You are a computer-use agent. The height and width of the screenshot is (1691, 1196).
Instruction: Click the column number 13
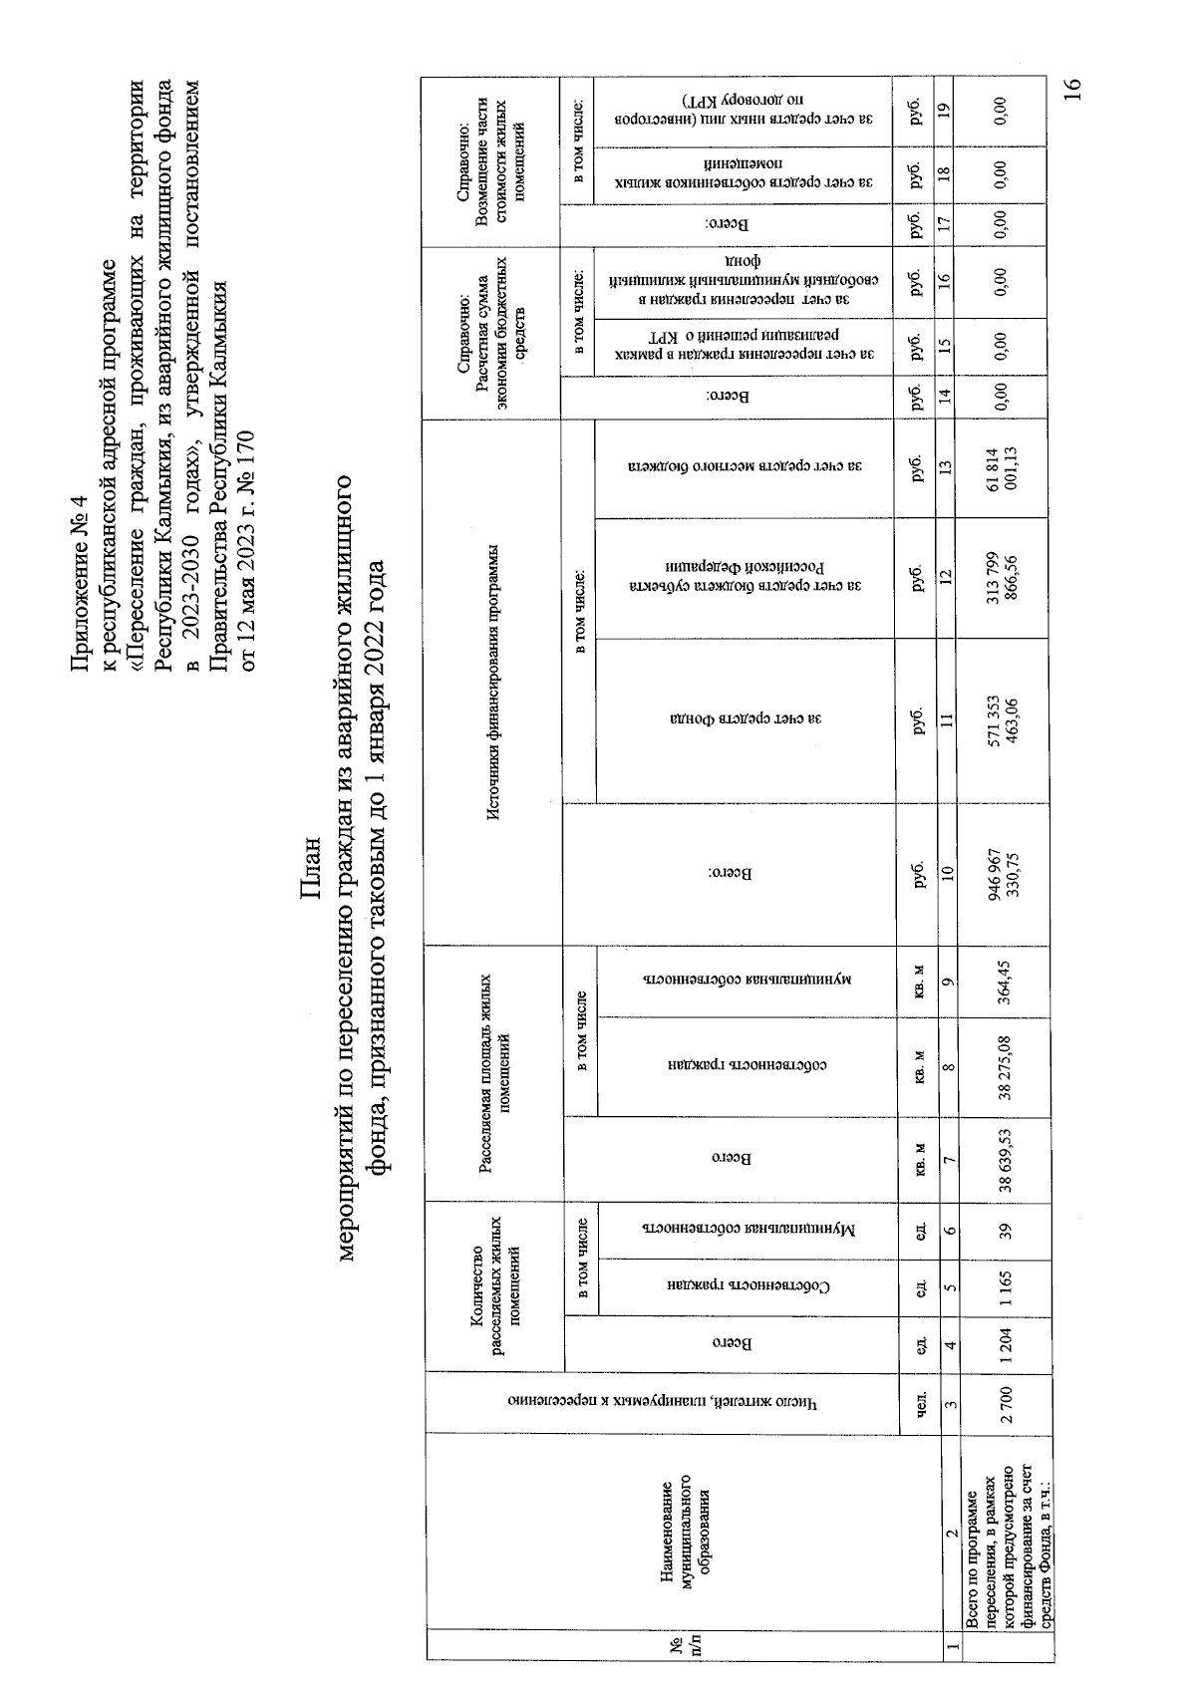(x=946, y=464)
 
